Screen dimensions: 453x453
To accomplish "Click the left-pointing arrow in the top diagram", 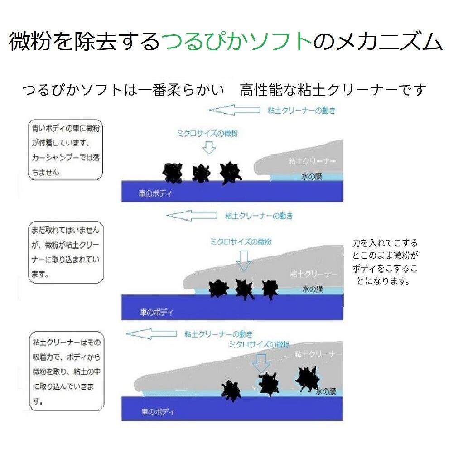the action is (x=234, y=110).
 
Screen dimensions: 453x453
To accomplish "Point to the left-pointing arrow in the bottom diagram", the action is (x=151, y=334).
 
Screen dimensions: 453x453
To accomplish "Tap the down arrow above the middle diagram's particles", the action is (x=244, y=260).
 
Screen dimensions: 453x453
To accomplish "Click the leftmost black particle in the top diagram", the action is (x=173, y=172).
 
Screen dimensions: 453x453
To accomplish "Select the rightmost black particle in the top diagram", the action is (x=230, y=172).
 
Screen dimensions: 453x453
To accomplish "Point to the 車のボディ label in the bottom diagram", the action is (x=157, y=412).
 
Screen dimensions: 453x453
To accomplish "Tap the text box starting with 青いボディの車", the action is (x=65, y=150).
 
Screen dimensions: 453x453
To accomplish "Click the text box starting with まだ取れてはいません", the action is (x=65, y=252).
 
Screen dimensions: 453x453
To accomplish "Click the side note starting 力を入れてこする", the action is (x=385, y=262).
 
